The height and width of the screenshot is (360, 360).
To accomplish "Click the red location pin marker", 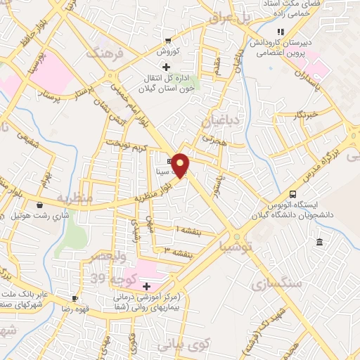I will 181,165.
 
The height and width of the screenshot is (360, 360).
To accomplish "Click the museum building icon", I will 319,243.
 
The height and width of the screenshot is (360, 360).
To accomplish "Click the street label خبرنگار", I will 307,112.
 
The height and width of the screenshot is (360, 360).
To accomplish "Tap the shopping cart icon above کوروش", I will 167,41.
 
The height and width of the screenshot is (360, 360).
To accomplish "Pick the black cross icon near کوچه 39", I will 146,286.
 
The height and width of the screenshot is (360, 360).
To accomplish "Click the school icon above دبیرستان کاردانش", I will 281,32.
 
